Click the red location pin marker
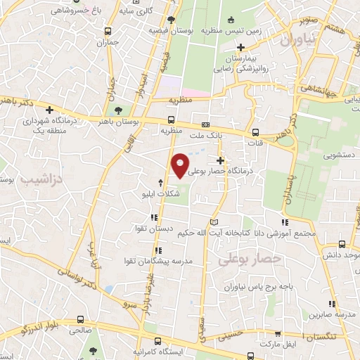(x=181, y=165)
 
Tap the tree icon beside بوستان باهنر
(x=118, y=111)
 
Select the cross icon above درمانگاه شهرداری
(x=49, y=110)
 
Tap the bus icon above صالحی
(x=82, y=319)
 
